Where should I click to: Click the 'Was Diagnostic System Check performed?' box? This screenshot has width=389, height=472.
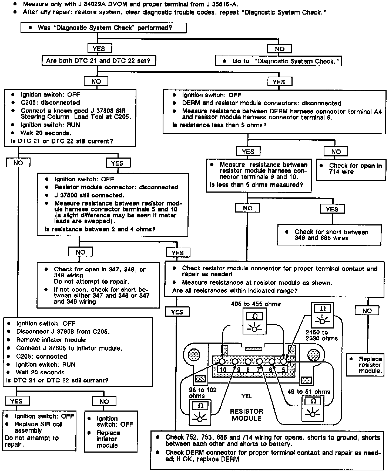(103, 28)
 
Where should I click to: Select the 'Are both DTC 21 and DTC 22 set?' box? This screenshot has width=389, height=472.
(99, 61)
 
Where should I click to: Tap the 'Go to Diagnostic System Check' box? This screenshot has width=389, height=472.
(278, 61)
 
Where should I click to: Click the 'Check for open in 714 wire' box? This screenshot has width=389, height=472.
(351, 169)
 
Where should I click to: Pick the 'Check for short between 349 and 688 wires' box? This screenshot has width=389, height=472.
(329, 235)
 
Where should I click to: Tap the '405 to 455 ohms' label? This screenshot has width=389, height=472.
(256, 304)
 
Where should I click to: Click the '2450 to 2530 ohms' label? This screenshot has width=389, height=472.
(321, 336)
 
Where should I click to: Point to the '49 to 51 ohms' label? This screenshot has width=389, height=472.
(308, 392)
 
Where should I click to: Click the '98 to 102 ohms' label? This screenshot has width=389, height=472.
(202, 393)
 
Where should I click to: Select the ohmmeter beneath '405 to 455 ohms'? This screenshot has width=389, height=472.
(254, 321)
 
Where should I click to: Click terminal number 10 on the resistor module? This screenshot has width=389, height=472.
(223, 370)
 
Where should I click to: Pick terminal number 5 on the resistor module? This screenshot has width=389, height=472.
(283, 370)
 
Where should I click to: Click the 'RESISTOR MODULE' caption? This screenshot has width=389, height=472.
(246, 415)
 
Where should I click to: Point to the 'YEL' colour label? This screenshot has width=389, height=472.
(246, 396)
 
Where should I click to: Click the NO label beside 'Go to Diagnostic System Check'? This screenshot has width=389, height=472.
(280, 49)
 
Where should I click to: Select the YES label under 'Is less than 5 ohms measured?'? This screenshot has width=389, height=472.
(332, 209)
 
